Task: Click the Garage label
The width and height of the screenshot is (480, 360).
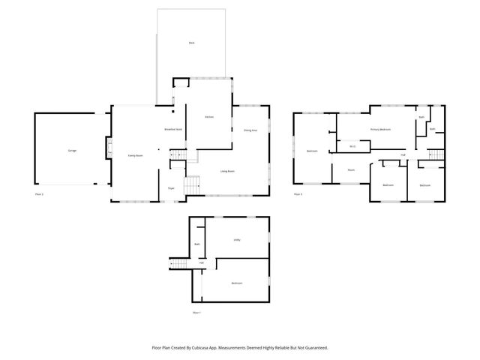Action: [x=72, y=151]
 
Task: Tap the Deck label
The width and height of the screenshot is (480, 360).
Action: [x=191, y=44]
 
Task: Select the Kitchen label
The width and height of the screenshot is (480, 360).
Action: [x=210, y=116]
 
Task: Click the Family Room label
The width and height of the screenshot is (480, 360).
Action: [x=135, y=155]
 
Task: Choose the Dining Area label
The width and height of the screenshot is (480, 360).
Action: [x=250, y=130]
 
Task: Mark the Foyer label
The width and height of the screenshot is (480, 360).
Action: [x=171, y=188]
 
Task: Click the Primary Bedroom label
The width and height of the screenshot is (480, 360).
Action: [x=380, y=129]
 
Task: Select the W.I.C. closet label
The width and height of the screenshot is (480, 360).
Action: [x=352, y=147]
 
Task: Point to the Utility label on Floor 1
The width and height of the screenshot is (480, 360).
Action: [x=236, y=240]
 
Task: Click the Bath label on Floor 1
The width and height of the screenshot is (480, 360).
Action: [x=197, y=244]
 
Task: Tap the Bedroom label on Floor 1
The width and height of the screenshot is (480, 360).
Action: [x=236, y=283]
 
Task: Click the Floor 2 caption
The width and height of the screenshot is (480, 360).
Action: [x=39, y=194]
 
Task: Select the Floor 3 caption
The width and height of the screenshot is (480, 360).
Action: [x=298, y=194]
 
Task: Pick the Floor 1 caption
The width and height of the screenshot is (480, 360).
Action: [x=197, y=312]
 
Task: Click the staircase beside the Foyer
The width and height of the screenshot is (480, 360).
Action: [x=193, y=184]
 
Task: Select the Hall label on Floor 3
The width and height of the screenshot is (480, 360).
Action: [x=403, y=155]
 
